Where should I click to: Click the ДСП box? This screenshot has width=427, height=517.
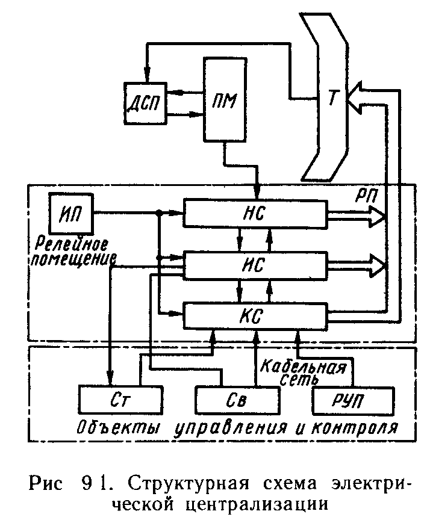pyautogui.click(x=145, y=102)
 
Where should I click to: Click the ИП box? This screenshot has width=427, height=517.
pyautogui.click(x=72, y=213)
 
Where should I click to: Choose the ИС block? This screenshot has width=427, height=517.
pyautogui.click(x=255, y=264)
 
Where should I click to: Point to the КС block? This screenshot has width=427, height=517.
pyautogui.click(x=255, y=315)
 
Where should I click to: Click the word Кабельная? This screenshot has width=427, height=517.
pyautogui.click(x=303, y=367)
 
